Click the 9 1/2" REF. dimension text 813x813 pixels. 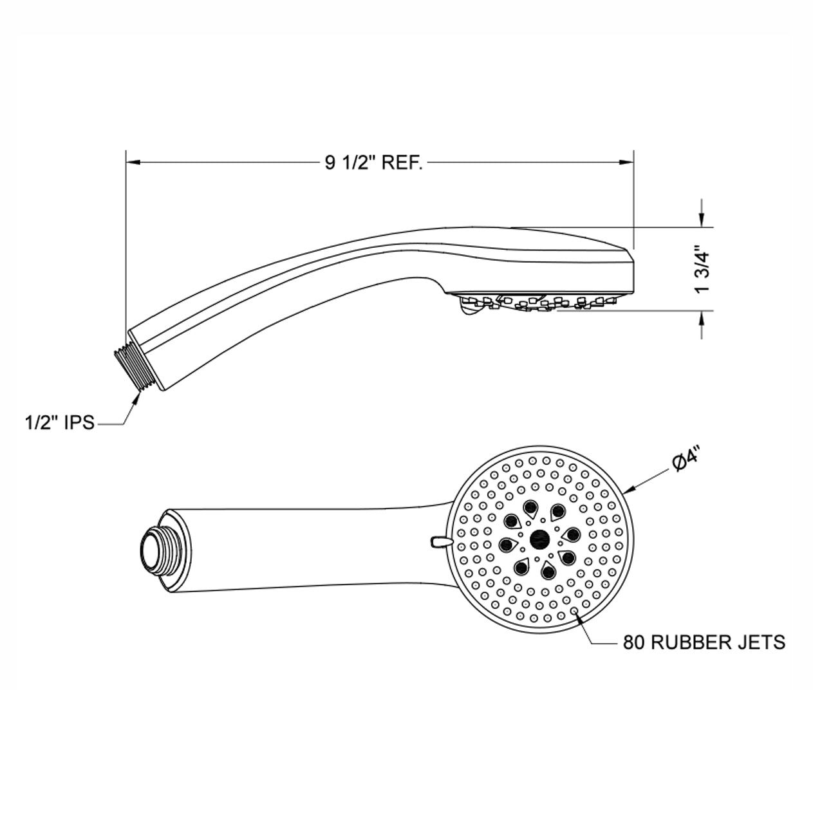[373, 162]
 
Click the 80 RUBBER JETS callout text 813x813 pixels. [704, 642]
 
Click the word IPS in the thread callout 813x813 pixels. [79, 422]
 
